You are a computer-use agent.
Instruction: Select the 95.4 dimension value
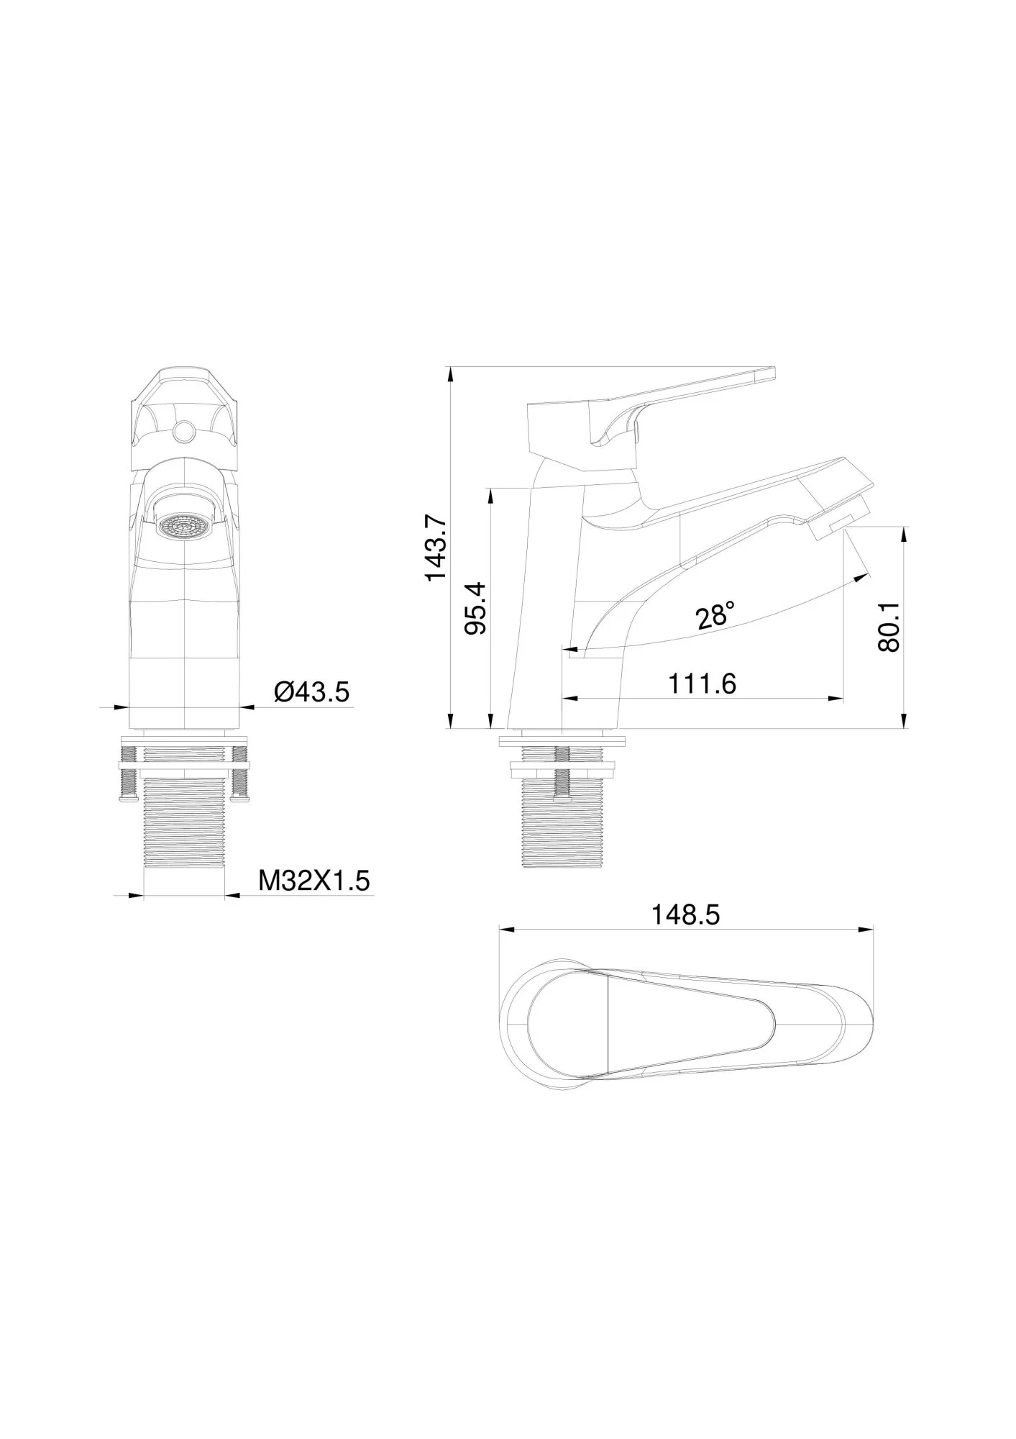(x=476, y=608)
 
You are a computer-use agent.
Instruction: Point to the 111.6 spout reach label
(x=702, y=684)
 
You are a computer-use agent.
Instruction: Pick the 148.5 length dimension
(x=685, y=915)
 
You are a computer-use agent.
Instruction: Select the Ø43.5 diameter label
(x=311, y=692)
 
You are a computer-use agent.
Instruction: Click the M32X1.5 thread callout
(x=315, y=880)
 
